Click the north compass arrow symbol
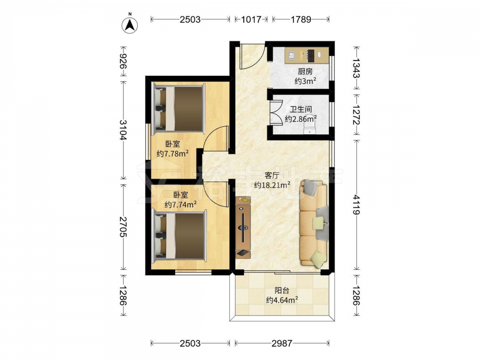(130, 24)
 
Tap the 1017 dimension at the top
(251, 20)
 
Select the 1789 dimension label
(301, 20)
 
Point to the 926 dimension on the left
(123, 61)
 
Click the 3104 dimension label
(123, 130)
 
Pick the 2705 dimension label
(123, 227)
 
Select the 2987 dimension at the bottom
(282, 344)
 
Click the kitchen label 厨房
(305, 72)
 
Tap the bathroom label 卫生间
(301, 109)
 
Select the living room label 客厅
(272, 175)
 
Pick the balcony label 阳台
(282, 290)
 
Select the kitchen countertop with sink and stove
(307, 55)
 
